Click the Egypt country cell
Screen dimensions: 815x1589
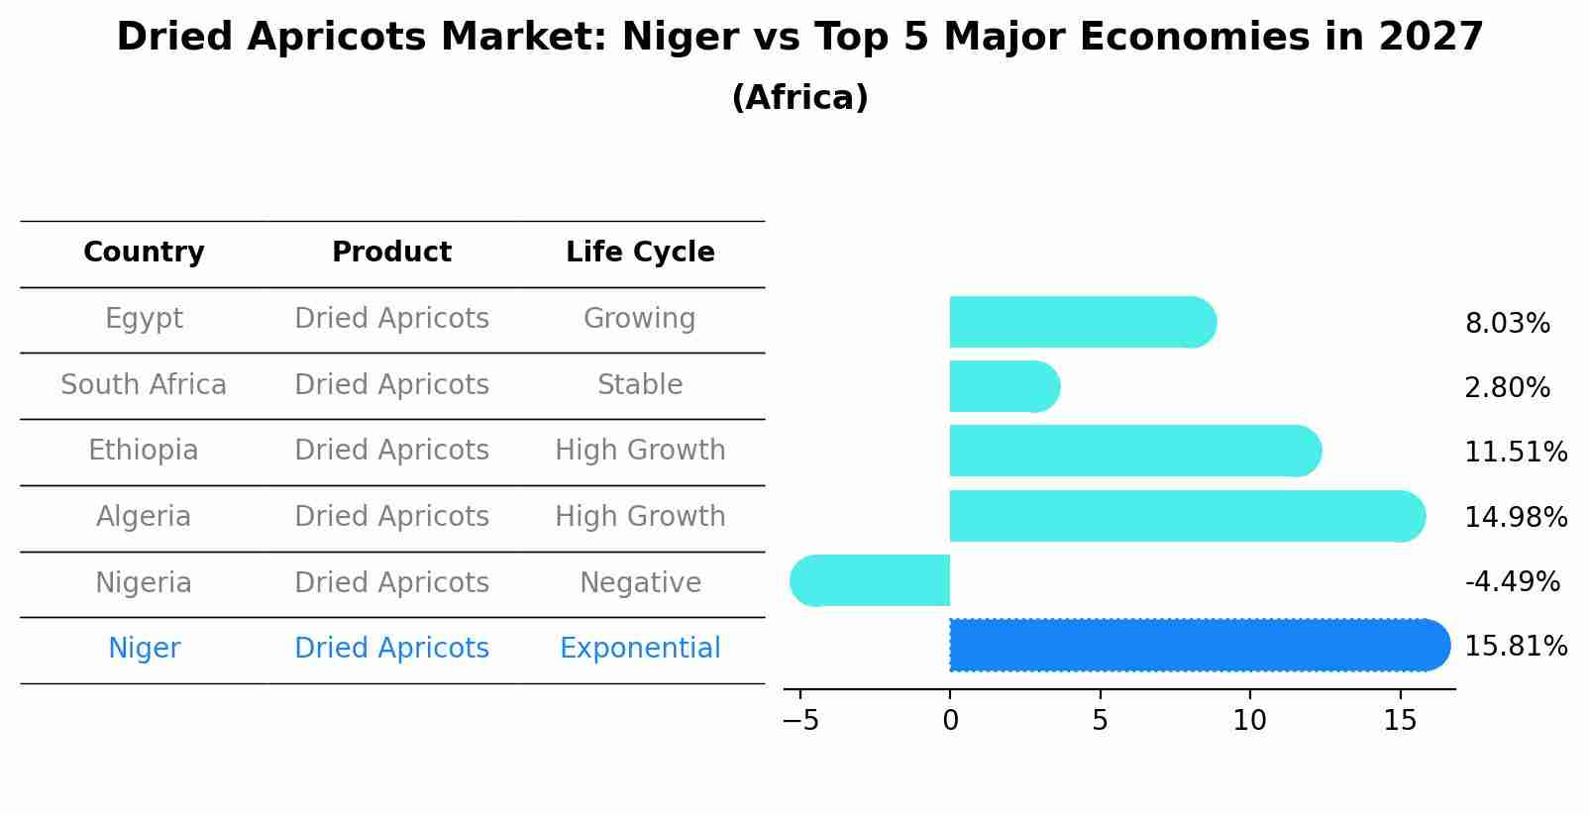(x=144, y=319)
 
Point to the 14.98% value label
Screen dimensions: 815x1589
(x=1515, y=518)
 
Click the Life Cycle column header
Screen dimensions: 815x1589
(x=640, y=253)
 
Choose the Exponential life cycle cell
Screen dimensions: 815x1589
(x=640, y=649)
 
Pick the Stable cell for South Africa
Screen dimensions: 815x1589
(x=640, y=385)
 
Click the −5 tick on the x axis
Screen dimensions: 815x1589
(x=800, y=721)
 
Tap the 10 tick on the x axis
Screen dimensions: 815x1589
(x=1249, y=721)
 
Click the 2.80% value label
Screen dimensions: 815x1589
(x=1507, y=388)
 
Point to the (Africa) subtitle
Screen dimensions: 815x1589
(x=799, y=98)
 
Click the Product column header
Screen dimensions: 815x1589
(x=391, y=253)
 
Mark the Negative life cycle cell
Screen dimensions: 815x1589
(x=640, y=583)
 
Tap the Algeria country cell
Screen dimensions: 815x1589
(x=144, y=517)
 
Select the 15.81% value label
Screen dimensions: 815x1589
(x=1515, y=647)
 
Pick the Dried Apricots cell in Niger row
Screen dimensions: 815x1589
(x=391, y=649)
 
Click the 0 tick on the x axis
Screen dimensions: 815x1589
(x=950, y=721)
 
